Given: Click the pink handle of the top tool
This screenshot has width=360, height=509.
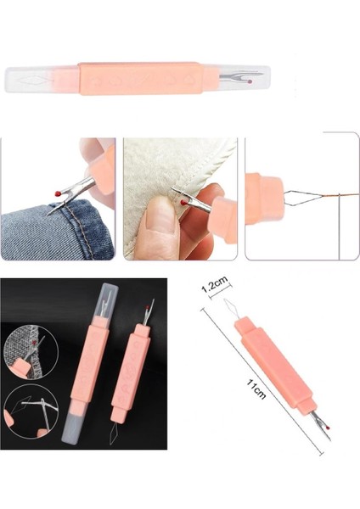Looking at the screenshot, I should [140, 79].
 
